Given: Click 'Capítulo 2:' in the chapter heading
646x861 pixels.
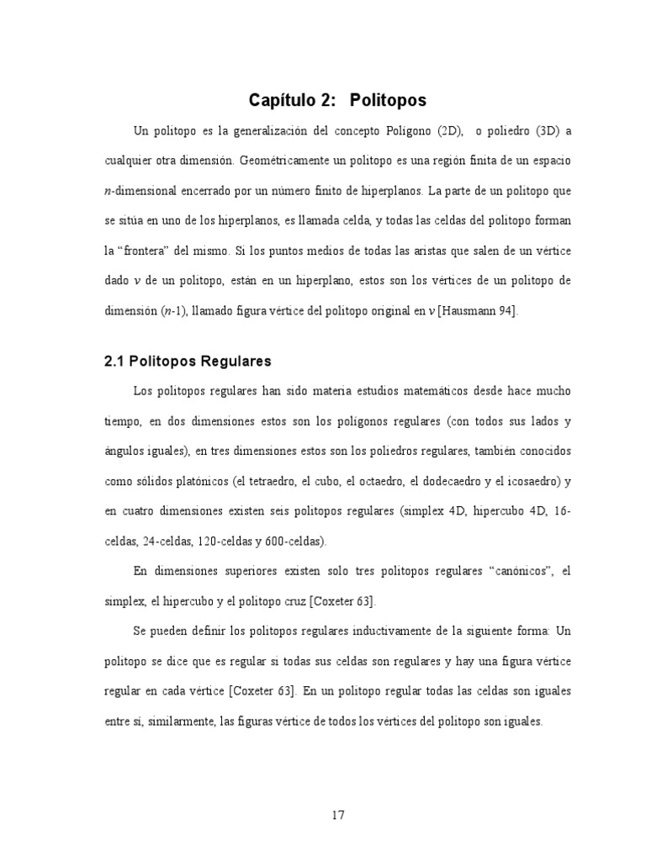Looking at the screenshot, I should click(x=289, y=101).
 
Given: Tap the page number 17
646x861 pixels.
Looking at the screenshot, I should click(x=338, y=814).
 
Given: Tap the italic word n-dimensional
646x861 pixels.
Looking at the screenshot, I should click(x=141, y=191).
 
